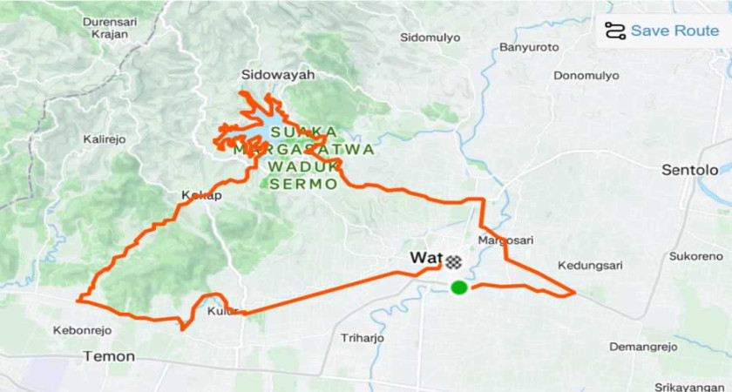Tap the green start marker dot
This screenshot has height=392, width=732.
coord(458,287)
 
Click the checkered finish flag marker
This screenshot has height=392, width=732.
coord(453,260)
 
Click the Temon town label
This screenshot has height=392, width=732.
coord(109,356)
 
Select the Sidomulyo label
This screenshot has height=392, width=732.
coord(429,37)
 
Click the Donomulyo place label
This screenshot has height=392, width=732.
coord(583,75)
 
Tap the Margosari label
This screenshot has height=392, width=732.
coord(499,240)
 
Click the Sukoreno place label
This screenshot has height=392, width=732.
coord(695,256)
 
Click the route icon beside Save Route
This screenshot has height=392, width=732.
coord(615,30)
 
